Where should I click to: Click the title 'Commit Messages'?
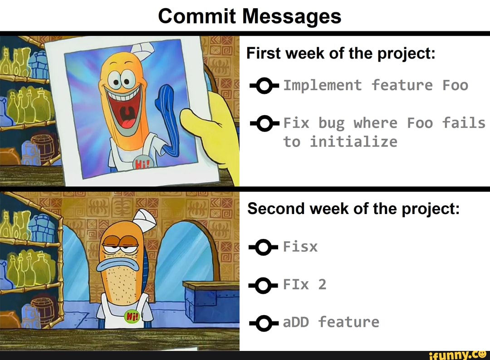click(x=250, y=16)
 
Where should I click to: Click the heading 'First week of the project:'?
click(x=341, y=53)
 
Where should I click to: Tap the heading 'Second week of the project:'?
click(x=353, y=209)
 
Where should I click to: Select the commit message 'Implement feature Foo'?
click(x=376, y=85)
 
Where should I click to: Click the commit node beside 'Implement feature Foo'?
click(x=265, y=86)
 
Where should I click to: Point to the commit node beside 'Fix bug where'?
click(x=265, y=123)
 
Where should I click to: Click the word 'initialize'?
click(x=353, y=142)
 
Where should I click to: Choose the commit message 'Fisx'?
click(x=300, y=246)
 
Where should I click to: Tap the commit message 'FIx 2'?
click(x=305, y=284)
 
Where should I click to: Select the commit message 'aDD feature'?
click(x=331, y=322)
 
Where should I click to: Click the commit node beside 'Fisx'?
click(x=264, y=247)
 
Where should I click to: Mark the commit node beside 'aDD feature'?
click(x=264, y=323)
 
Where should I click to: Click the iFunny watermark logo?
click(x=458, y=355)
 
